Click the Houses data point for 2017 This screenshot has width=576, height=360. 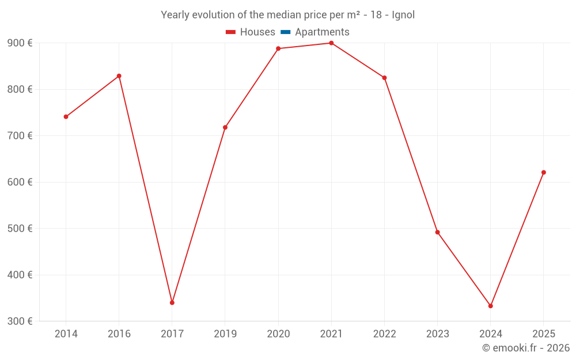172,302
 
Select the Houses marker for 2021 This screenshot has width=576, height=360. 331,43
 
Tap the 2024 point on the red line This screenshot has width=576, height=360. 490,306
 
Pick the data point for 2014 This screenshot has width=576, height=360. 66,117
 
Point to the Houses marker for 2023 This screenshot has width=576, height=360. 437,232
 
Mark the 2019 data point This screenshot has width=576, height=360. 225,127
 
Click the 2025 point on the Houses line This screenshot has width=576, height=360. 543,172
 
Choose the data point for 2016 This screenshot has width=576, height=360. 119,76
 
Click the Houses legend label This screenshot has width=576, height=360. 257,32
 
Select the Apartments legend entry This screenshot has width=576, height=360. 322,32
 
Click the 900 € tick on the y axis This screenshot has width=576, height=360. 20,43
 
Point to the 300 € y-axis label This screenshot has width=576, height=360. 20,321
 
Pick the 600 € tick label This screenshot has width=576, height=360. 20,182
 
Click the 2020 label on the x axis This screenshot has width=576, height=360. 278,334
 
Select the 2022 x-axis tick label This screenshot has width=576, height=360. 384,334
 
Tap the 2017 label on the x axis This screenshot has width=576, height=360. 172,334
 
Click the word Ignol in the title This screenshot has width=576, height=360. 403,15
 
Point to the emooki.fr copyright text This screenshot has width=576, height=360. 526,348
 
